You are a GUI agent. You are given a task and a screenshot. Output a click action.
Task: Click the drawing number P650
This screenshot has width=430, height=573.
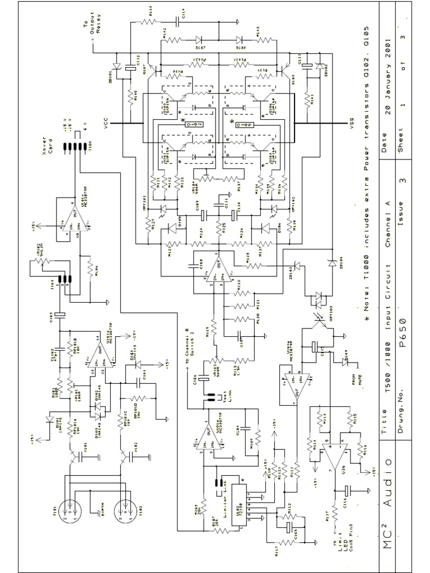pos(402,331)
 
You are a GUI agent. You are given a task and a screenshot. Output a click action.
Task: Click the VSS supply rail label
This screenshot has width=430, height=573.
pos(352,124)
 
